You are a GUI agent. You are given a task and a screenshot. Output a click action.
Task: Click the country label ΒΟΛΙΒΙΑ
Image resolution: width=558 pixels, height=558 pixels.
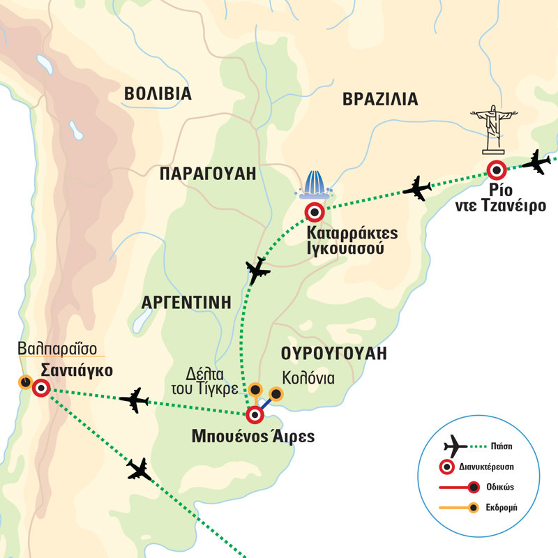[157, 93]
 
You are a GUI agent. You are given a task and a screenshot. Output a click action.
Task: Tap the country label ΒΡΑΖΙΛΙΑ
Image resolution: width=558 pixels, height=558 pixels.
[380, 99]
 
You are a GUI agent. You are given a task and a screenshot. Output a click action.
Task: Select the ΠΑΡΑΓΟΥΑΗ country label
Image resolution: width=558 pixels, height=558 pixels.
[207, 174]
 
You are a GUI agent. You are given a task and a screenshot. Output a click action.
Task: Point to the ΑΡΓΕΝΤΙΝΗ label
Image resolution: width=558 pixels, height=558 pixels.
[186, 302]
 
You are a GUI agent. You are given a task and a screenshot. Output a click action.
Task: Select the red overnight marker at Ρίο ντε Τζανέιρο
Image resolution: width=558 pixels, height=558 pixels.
[497, 169]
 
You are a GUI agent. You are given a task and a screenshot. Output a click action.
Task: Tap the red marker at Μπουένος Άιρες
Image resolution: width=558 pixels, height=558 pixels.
[255, 416]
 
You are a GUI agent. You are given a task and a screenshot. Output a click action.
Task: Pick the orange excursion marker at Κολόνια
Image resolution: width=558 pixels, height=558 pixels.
[276, 395]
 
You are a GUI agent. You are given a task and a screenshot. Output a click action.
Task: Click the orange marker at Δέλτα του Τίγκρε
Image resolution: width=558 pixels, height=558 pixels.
[255, 390]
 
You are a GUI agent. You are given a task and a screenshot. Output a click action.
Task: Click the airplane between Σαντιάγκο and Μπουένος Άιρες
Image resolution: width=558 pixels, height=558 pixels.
[134, 400]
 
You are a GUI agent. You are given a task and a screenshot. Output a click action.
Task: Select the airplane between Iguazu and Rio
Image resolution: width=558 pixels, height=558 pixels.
[417, 188]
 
